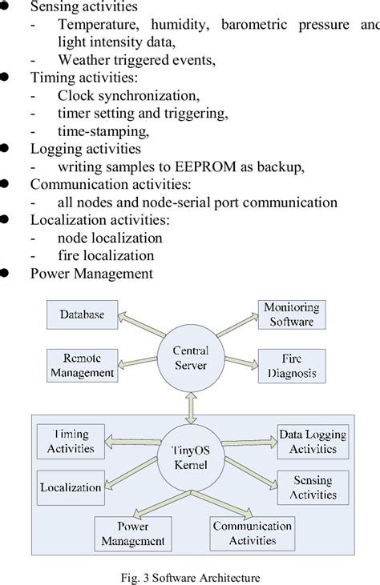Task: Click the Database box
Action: click(x=82, y=315)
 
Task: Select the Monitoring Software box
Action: click(x=291, y=315)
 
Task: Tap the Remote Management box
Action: click(x=81, y=364)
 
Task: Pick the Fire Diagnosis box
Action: click(x=293, y=365)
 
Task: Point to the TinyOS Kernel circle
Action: click(x=189, y=458)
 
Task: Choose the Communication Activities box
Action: click(x=251, y=534)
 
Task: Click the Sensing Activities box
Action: click(x=313, y=487)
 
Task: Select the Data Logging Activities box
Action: click(x=313, y=441)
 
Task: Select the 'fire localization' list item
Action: click(x=106, y=255)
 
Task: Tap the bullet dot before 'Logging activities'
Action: click(x=5, y=148)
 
